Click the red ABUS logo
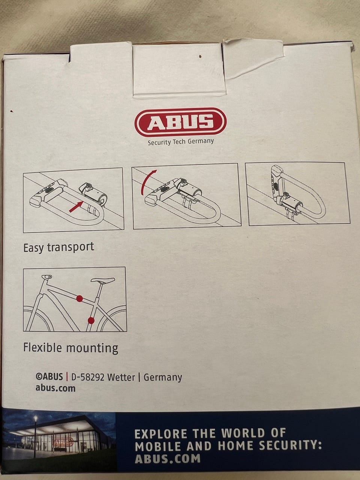tap(180, 122)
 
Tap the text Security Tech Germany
tap(181, 142)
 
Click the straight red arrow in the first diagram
tap(76, 207)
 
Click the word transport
tap(70, 247)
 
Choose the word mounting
tap(92, 348)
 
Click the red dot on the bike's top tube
tap(79, 298)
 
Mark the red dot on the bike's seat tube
tap(91, 321)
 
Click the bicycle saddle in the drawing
tap(103, 280)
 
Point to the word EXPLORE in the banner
tap(161, 433)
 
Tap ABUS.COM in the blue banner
tap(168, 457)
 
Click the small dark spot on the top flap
tap(200, 57)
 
